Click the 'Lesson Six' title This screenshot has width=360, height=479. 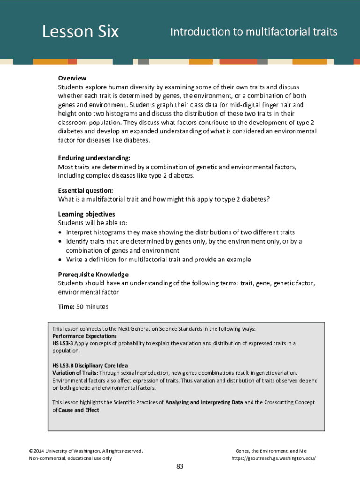[x=80, y=32]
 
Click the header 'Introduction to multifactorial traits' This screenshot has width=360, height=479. [x=253, y=32]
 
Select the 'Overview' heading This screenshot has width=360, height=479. [x=72, y=78]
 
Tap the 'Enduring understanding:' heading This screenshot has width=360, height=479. [x=94, y=158]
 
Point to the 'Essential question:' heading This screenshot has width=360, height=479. [x=86, y=191]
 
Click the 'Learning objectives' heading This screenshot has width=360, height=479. [x=86, y=214]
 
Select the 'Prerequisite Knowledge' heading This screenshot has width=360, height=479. [x=93, y=274]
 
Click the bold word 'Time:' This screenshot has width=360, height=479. [x=66, y=307]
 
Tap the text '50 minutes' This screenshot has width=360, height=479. [x=92, y=307]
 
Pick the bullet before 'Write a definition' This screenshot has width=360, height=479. [x=60, y=260]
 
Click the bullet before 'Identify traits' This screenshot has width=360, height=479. [x=60, y=242]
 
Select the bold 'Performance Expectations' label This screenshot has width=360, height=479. [x=84, y=336]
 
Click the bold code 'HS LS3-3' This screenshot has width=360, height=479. [x=62, y=343]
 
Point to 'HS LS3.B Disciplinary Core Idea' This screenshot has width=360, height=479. [x=90, y=365]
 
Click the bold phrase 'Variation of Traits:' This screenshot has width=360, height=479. [x=75, y=373]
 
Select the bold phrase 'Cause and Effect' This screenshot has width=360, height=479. [x=79, y=410]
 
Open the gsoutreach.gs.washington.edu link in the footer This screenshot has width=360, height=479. [x=274, y=458]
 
